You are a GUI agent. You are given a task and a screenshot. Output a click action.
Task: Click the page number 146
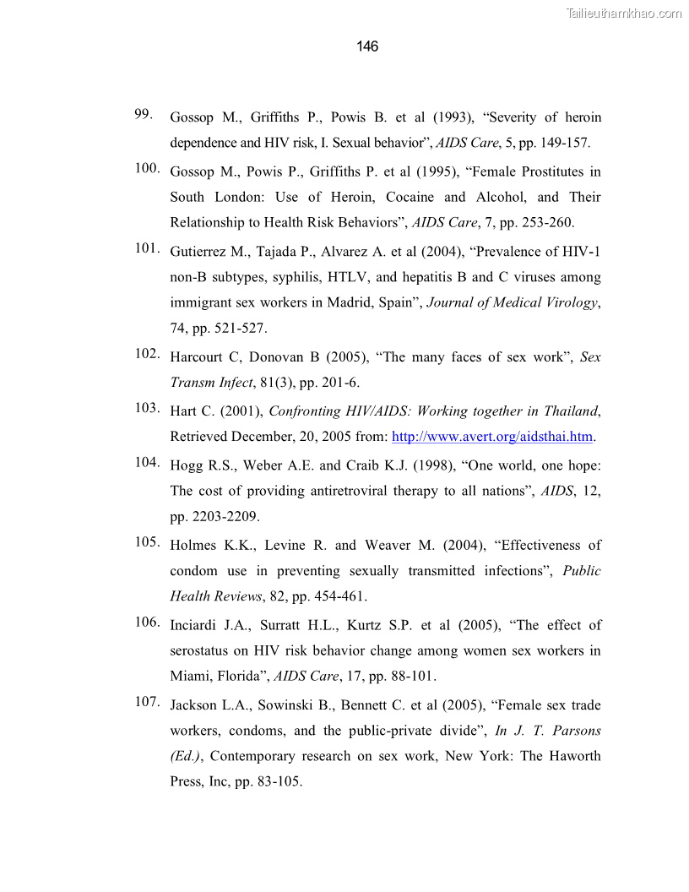tap(367, 46)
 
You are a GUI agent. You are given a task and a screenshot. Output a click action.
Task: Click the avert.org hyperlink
tap(493, 437)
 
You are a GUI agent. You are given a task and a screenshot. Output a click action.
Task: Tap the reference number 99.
tap(143, 114)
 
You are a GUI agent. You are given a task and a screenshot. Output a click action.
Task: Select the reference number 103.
tap(147, 408)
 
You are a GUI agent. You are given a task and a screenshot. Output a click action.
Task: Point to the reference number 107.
tap(147, 702)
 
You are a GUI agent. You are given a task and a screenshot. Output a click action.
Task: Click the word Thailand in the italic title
tap(568, 411)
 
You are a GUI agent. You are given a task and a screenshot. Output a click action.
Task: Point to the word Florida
tap(236, 677)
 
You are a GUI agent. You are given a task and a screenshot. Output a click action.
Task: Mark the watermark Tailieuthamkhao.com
tap(623, 13)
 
